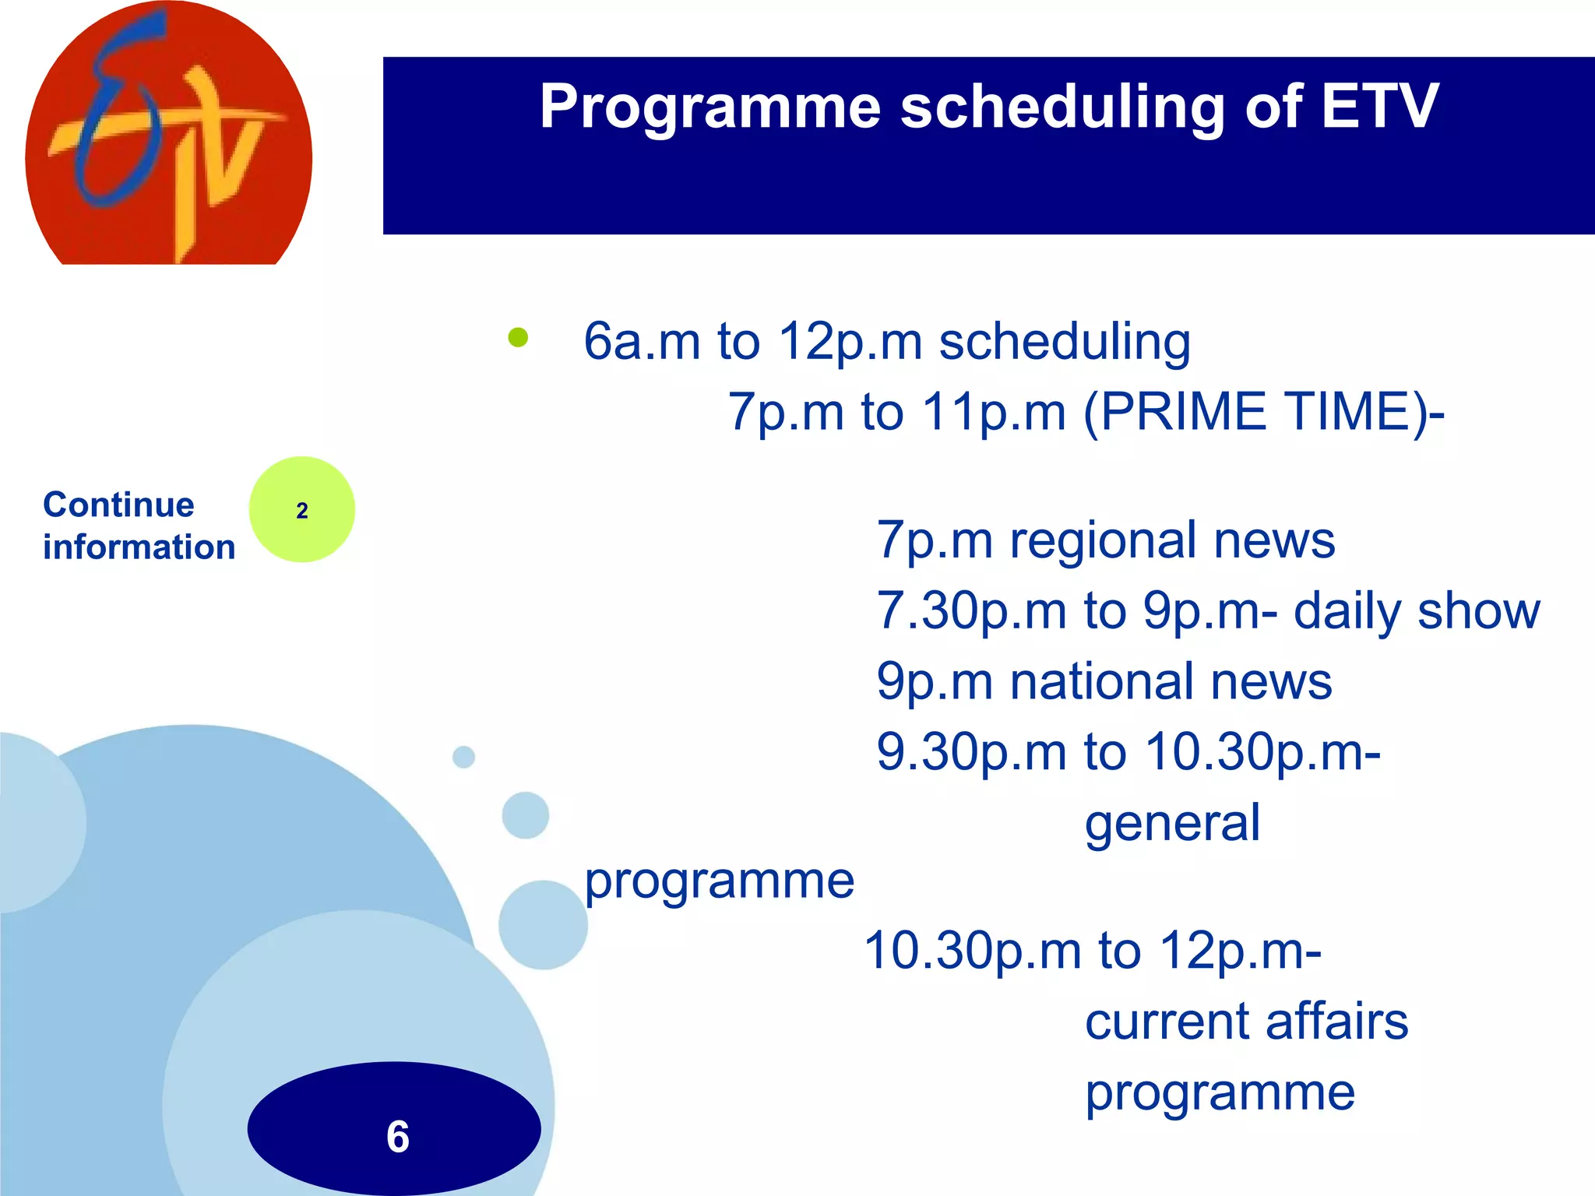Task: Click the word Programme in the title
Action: tap(709, 107)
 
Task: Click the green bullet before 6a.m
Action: tap(518, 337)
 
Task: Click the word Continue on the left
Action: tap(118, 505)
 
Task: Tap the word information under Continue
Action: tap(139, 547)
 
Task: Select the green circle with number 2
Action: tap(302, 510)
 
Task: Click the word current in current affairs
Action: tap(1167, 1021)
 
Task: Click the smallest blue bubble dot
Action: tap(463, 757)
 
